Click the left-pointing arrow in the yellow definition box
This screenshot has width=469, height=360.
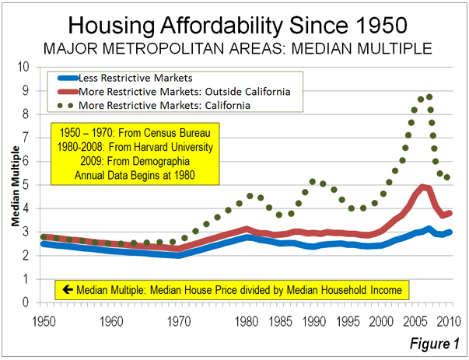click(68, 290)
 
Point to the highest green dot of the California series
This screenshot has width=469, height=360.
click(429, 97)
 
